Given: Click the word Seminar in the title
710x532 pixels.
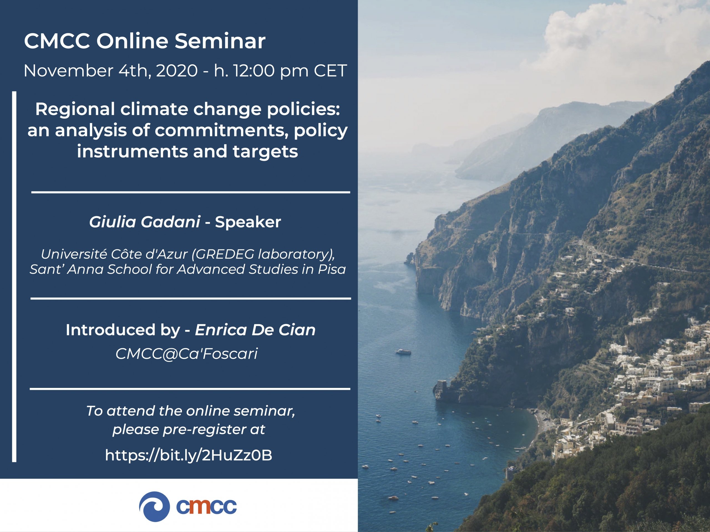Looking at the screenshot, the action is click(x=220, y=41).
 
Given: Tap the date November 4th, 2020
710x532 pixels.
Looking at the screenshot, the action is click(x=110, y=71).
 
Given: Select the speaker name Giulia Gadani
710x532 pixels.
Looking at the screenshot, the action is click(x=145, y=222).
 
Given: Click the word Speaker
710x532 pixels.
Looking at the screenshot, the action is click(x=248, y=222).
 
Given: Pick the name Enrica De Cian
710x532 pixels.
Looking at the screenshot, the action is click(x=255, y=330).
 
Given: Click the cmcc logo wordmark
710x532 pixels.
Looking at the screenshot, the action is click(x=206, y=507).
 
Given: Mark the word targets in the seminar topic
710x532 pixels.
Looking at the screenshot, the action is click(x=265, y=152).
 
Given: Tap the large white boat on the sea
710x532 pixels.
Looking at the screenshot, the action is click(x=404, y=351).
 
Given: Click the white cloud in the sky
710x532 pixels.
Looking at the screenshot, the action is click(x=629, y=29).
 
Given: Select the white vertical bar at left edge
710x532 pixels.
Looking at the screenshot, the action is click(x=14, y=277).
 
